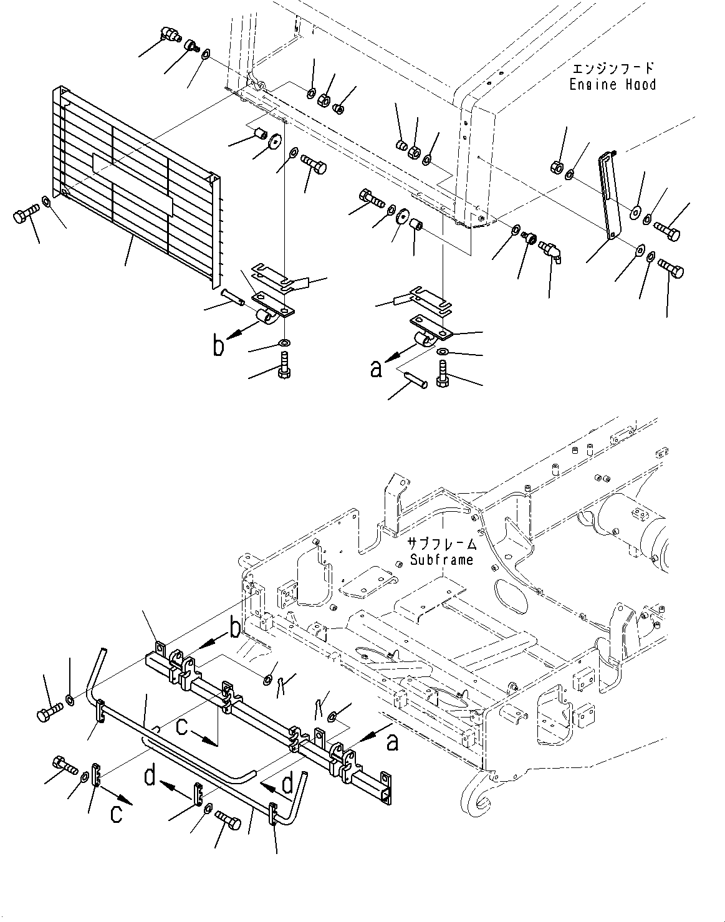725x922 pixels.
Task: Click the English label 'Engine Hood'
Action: [x=612, y=84]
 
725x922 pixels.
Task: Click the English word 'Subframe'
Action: [x=441, y=560]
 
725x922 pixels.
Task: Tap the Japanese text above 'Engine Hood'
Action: [x=613, y=68]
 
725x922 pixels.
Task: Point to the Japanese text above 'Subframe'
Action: [x=442, y=544]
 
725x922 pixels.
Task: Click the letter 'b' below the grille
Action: [x=219, y=346]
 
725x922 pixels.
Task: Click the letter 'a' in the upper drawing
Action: [x=376, y=369]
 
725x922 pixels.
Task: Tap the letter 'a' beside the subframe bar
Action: [x=392, y=742]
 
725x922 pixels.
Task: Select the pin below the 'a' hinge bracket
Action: [x=415, y=380]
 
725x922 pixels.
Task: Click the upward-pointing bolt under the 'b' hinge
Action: [x=284, y=365]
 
